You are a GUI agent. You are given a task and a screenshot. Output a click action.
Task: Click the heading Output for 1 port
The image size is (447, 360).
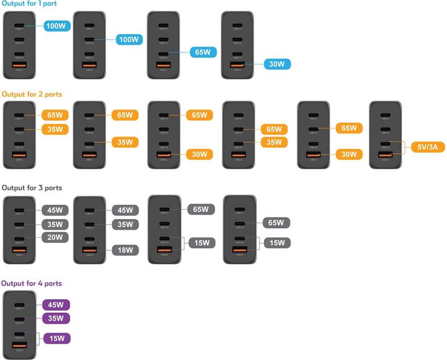[x=29, y=4]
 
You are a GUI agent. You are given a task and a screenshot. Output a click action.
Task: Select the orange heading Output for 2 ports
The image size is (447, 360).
[x=32, y=94]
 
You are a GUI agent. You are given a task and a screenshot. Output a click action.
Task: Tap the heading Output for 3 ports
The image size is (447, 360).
[x=32, y=187]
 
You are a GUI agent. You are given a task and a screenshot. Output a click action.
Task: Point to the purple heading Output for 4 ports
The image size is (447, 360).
[x=31, y=283]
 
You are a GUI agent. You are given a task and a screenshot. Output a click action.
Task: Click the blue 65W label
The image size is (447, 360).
[x=201, y=53]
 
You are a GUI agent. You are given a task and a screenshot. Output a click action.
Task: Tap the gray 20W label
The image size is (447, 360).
[x=55, y=238]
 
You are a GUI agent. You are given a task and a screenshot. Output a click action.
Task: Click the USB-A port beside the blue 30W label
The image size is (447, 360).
[x=237, y=64]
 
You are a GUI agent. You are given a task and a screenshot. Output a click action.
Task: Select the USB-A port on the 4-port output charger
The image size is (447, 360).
[x=20, y=345]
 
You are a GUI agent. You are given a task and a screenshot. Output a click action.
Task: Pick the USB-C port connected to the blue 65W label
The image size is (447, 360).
[x=163, y=53]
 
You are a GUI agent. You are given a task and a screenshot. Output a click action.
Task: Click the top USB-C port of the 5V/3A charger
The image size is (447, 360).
[x=385, y=115]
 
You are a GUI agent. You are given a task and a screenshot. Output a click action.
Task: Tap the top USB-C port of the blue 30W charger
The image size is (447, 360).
[x=237, y=27]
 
